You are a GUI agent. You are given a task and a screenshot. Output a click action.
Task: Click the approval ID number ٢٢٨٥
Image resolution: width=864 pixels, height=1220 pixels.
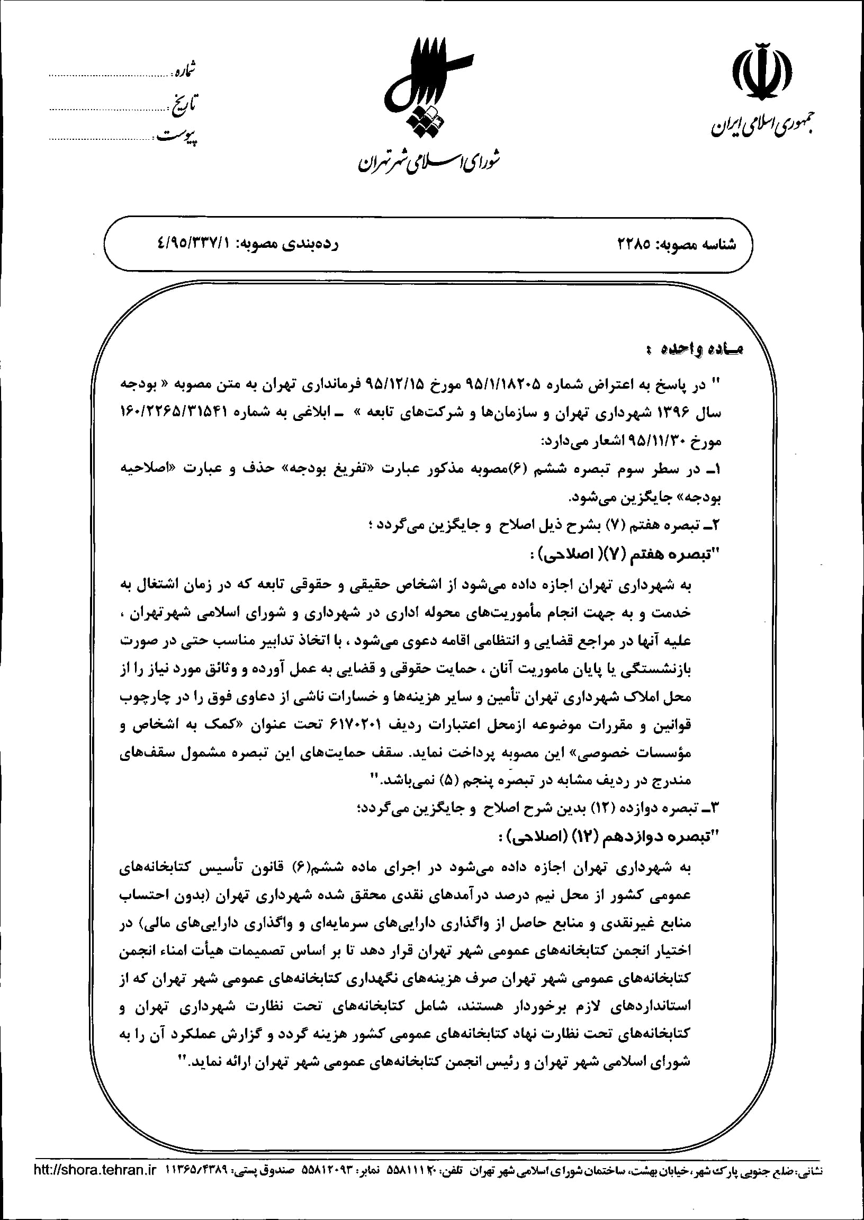pyautogui.click(x=634, y=245)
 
